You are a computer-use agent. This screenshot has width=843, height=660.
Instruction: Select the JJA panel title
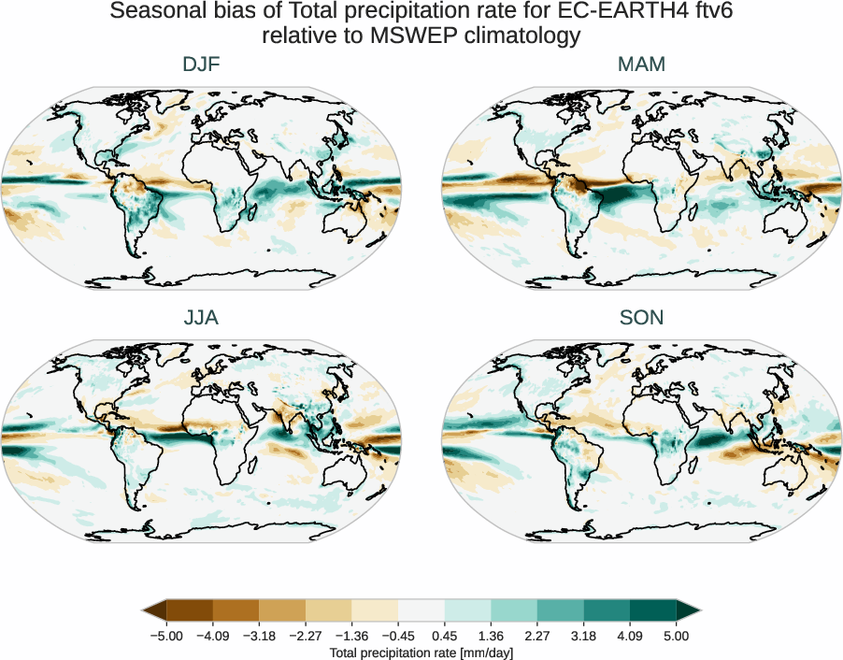(201, 318)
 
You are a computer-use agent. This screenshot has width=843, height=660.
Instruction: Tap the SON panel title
(642, 318)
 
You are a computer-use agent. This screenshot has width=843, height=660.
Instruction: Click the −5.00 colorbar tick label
(165, 636)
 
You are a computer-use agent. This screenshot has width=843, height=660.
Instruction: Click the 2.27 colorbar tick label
(537, 636)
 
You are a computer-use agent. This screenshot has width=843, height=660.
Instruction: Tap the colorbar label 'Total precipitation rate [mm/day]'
(421, 653)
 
